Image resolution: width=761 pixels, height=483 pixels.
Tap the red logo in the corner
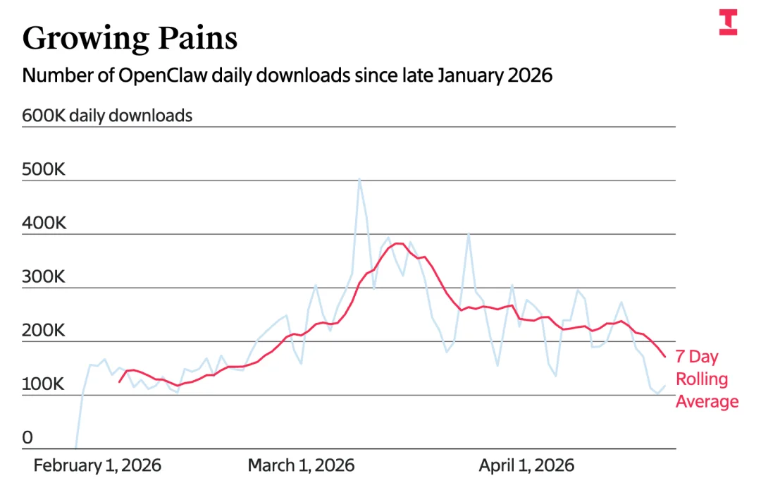click(728, 23)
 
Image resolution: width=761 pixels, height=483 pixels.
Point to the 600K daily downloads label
click(107, 116)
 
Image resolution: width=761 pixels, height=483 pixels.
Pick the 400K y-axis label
click(43, 224)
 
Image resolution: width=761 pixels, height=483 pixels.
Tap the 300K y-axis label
click(43, 277)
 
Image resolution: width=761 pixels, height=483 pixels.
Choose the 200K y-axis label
click(43, 331)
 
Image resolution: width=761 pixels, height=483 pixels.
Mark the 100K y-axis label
click(43, 384)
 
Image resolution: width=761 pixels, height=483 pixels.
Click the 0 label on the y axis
click(27, 438)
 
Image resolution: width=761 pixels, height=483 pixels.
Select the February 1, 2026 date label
click(97, 465)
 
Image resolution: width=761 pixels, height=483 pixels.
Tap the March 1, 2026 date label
click(301, 465)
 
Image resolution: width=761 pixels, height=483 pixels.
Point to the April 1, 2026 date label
click(526, 465)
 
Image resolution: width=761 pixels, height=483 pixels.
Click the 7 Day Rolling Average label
click(707, 379)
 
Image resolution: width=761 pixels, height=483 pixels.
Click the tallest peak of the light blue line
click(359, 179)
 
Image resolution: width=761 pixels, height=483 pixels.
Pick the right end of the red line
click(664, 357)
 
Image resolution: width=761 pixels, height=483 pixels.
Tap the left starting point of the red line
click(120, 382)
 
